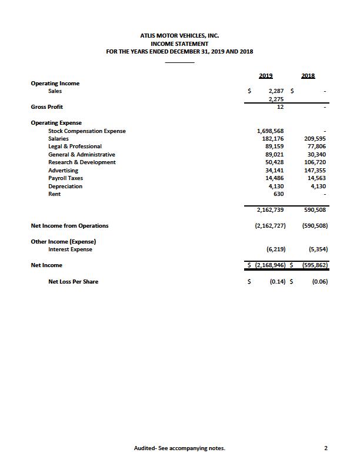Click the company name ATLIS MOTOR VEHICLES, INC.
click(x=179, y=36)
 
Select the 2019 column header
click(x=265, y=75)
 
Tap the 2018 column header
click(x=308, y=75)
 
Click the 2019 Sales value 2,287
click(x=275, y=91)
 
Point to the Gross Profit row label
click(x=47, y=107)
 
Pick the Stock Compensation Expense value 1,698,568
click(x=271, y=131)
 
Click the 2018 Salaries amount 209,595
click(x=315, y=139)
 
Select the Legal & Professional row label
click(x=75, y=147)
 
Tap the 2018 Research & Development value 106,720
click(x=315, y=162)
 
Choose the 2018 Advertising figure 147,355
click(x=315, y=171)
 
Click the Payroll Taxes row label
click(x=65, y=178)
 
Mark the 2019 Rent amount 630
click(x=278, y=194)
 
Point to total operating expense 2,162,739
click(x=271, y=209)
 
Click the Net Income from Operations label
click(x=69, y=225)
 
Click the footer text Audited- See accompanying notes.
click(x=179, y=448)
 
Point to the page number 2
click(x=325, y=448)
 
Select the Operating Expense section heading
click(x=56, y=123)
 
